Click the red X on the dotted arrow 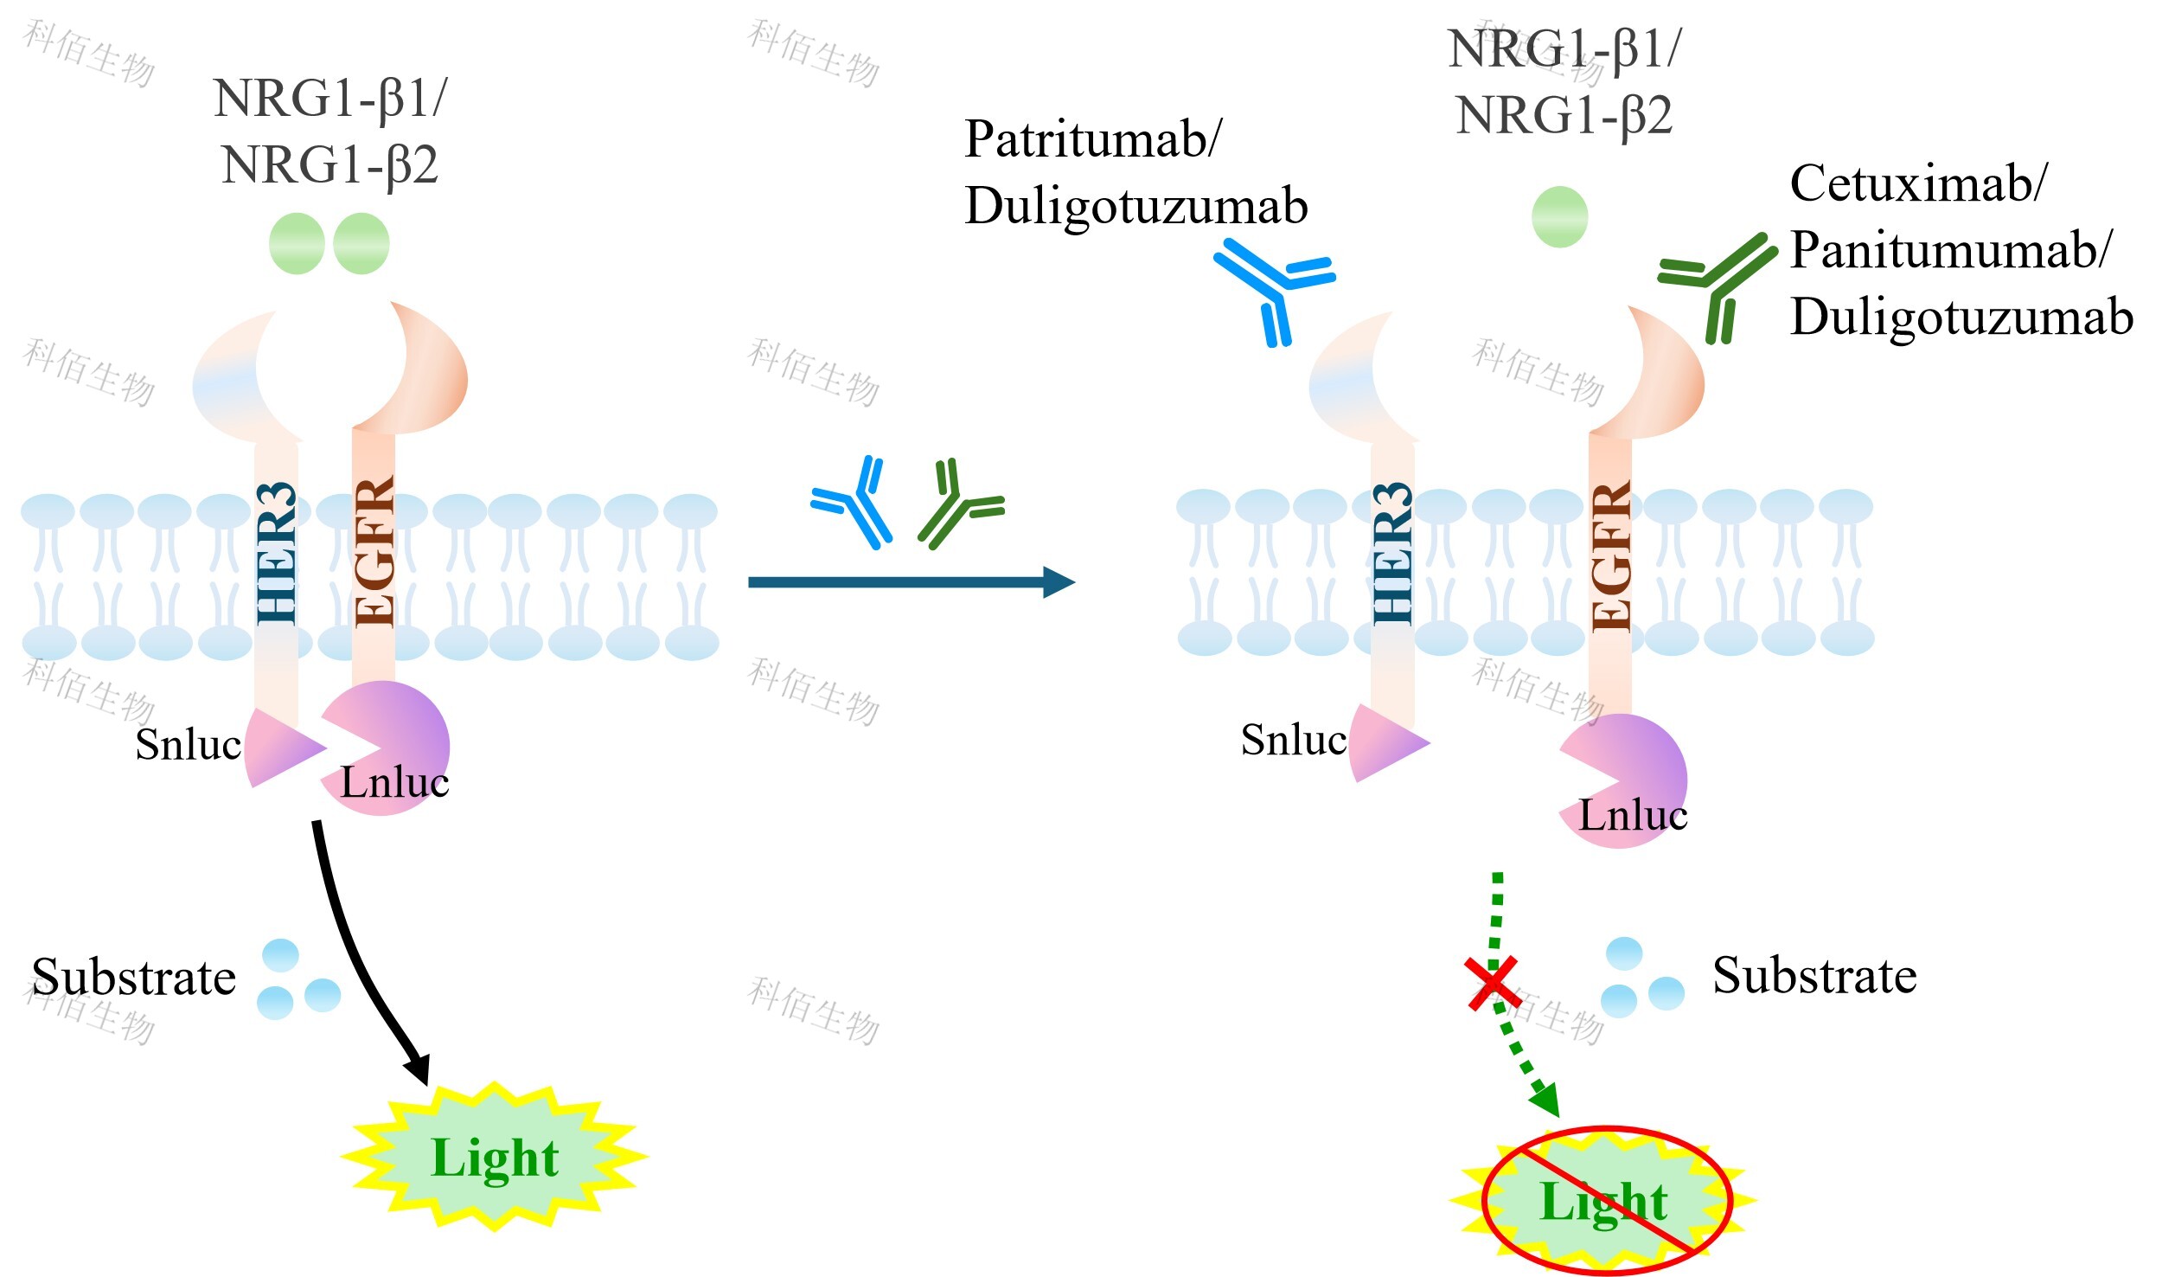[x=1494, y=984]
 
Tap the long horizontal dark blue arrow [x=908, y=582]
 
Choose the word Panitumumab [x=1949, y=250]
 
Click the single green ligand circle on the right [x=1559, y=217]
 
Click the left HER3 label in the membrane [x=277, y=554]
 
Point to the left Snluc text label [x=188, y=745]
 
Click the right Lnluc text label [x=1633, y=815]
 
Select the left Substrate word [x=134, y=979]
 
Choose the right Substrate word [x=1814, y=977]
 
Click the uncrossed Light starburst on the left [x=495, y=1157]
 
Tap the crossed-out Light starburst [x=1605, y=1201]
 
